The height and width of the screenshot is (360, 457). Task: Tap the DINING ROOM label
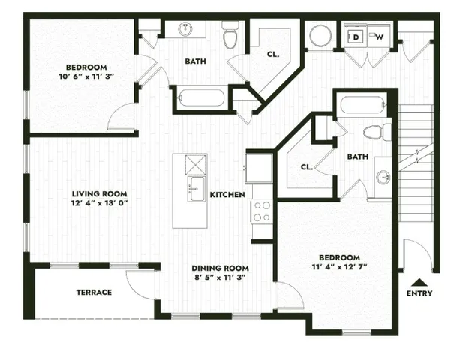click(x=220, y=268)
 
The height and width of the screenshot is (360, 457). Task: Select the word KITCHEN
click(x=227, y=195)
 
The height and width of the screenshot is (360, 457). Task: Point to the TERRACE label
click(x=94, y=292)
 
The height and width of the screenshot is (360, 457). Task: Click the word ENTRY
click(x=419, y=292)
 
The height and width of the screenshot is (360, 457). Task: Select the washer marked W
click(x=379, y=36)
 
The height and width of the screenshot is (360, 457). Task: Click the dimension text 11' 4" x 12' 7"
click(x=340, y=266)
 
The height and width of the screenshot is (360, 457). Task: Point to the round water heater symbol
click(x=321, y=35)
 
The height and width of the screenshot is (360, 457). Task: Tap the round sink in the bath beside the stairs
click(x=383, y=177)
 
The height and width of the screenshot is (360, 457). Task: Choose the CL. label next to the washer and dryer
click(x=273, y=54)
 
